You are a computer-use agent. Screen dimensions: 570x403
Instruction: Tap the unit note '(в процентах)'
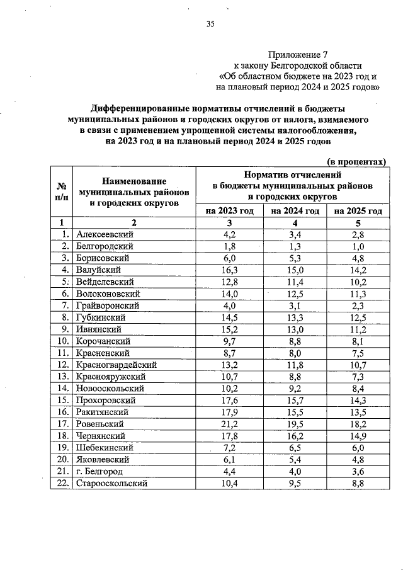tap(356, 161)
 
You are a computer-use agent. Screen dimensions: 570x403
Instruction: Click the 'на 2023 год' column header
tap(230, 211)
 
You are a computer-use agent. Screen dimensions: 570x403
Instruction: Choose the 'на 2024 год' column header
tap(296, 211)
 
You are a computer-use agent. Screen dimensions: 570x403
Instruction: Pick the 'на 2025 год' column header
tap(358, 211)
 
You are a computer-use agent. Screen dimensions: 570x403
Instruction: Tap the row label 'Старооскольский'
tap(111, 484)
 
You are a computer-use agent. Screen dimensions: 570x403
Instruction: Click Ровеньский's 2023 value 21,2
tap(230, 424)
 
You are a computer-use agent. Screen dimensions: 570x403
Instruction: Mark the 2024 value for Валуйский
tap(296, 270)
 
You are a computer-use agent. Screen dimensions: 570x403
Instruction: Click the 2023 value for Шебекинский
tap(230, 448)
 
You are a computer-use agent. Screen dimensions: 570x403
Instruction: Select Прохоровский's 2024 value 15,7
tap(296, 401)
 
